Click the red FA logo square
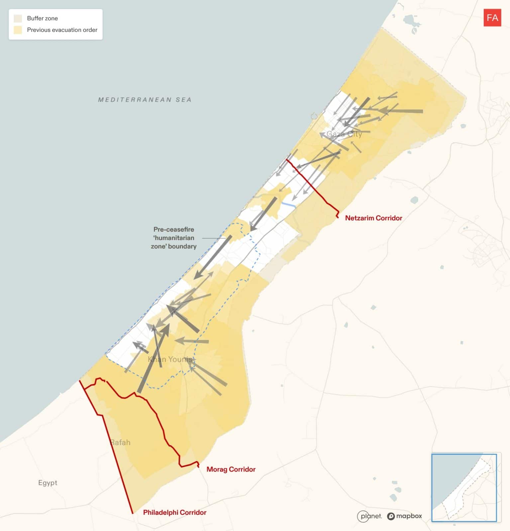pos(492,18)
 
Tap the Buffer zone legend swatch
pos(18,18)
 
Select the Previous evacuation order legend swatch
pos(18,30)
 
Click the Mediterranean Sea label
pos(145,100)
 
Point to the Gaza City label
pos(344,134)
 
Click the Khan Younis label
pos(170,359)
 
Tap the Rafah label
pos(120,442)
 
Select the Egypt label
pos(48,483)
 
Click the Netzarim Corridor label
pos(373,218)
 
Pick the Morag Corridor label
pos(231,469)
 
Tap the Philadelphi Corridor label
pos(175,512)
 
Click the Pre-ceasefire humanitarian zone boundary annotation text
pos(173,238)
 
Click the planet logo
pos(369,516)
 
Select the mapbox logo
pos(404,516)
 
